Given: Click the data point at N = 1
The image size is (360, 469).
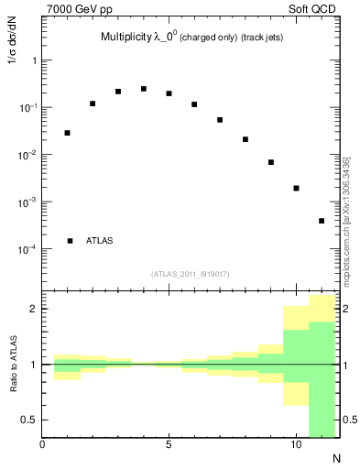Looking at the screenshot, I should pyautogui.click(x=68, y=133).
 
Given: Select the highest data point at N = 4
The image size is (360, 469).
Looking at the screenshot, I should pyautogui.click(x=144, y=89).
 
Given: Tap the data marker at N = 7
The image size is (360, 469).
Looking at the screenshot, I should pyautogui.click(x=220, y=120).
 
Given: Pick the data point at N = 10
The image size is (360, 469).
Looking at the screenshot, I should pyautogui.click(x=296, y=188).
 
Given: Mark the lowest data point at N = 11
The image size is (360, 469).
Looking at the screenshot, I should pyautogui.click(x=322, y=221).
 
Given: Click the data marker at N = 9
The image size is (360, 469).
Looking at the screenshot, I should pyautogui.click(x=271, y=162).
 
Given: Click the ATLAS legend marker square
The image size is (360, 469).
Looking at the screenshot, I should pyautogui.click(x=70, y=241).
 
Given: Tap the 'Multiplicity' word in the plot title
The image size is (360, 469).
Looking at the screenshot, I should pyautogui.click(x=125, y=38).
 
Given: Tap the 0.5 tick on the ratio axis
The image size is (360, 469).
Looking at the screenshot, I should pyautogui.click(x=29, y=420).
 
